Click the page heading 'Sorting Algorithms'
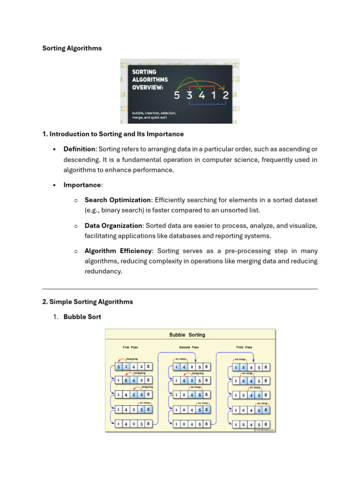tap(72, 48)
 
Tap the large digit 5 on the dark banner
tap(177, 95)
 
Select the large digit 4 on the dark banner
tap(202, 95)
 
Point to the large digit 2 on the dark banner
tap(226, 95)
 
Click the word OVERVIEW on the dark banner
tap(148, 88)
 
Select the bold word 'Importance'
tap(82, 185)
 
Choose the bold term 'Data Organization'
tap(113, 225)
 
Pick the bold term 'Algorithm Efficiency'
tap(118, 251)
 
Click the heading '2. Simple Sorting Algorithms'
tap(88, 302)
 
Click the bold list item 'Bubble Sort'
tap(82, 317)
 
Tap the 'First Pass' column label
tap(130, 347)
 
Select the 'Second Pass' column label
tap(189, 347)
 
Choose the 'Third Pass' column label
tap(244, 347)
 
